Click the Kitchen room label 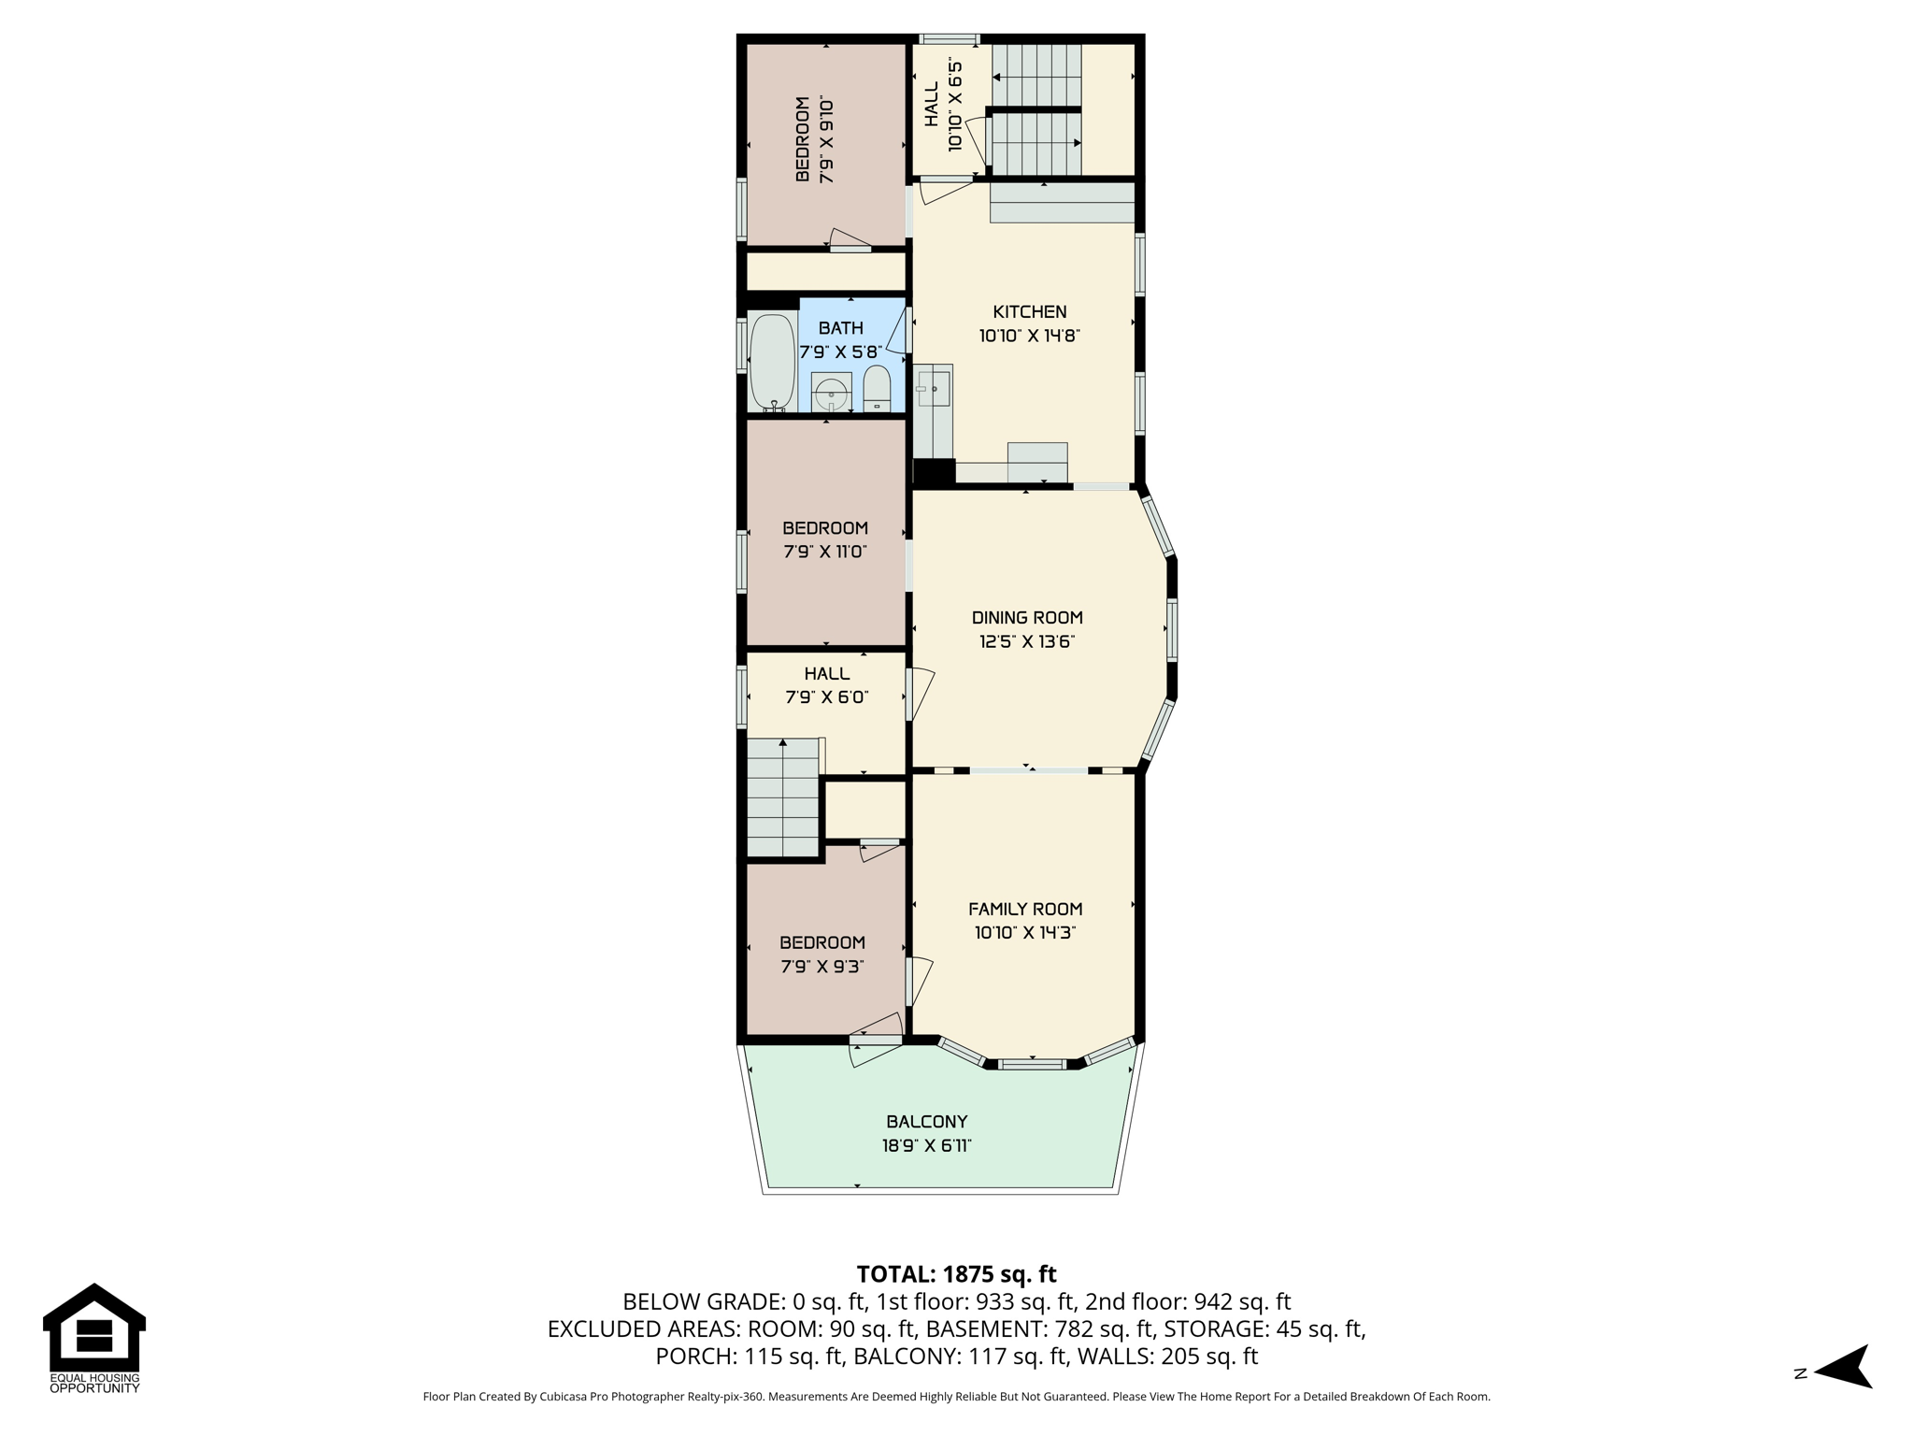[1029, 311]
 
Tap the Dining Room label [1027, 617]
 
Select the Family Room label [1025, 909]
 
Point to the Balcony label [927, 1122]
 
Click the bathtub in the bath [772, 363]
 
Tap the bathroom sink [831, 392]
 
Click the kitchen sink [934, 388]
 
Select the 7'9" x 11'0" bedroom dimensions [825, 552]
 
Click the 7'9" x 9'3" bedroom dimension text [822, 967]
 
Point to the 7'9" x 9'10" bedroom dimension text [826, 139]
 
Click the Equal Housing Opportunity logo [94, 1339]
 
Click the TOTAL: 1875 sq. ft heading [956, 1274]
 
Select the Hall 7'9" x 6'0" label [827, 685]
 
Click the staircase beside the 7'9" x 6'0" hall [783, 797]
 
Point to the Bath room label [841, 328]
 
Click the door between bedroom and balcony [877, 1040]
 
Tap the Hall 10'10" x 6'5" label [942, 105]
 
